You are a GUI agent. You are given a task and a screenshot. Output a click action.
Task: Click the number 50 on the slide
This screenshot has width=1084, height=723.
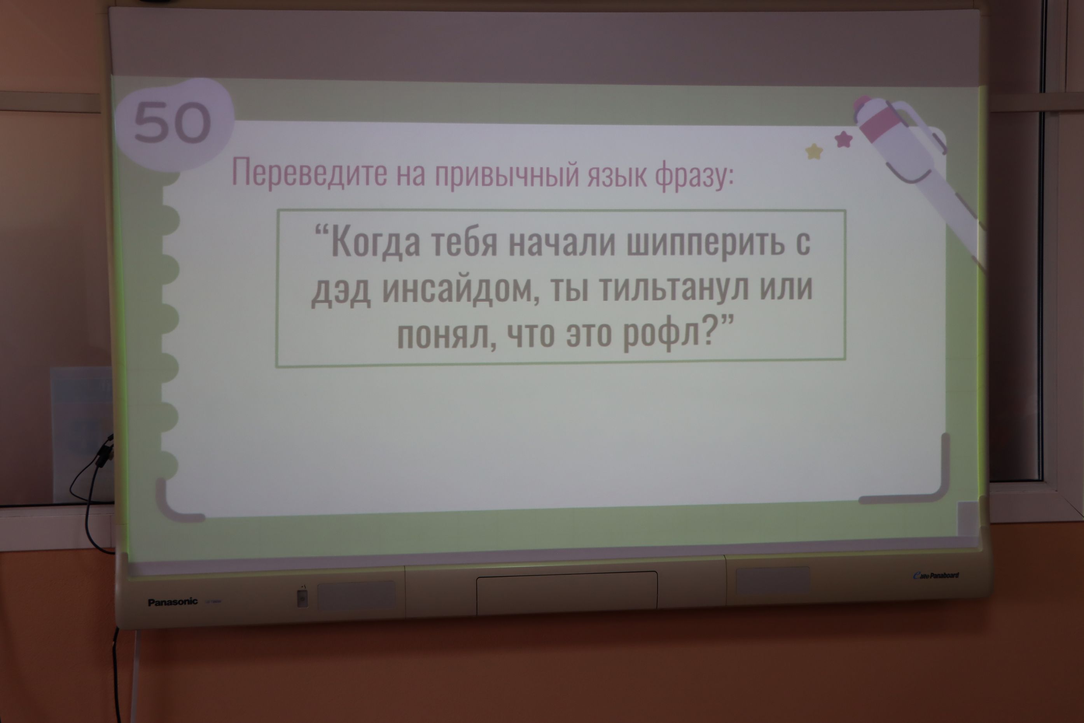click(x=172, y=122)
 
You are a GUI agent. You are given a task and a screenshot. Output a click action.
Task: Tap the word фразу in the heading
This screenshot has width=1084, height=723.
click(x=694, y=175)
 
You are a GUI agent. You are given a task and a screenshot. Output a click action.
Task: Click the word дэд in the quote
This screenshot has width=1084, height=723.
click(x=341, y=291)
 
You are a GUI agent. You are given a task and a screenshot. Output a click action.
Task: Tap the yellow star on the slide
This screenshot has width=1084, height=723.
click(x=814, y=152)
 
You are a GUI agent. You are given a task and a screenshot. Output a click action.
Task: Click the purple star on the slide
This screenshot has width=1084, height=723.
click(x=843, y=139)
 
